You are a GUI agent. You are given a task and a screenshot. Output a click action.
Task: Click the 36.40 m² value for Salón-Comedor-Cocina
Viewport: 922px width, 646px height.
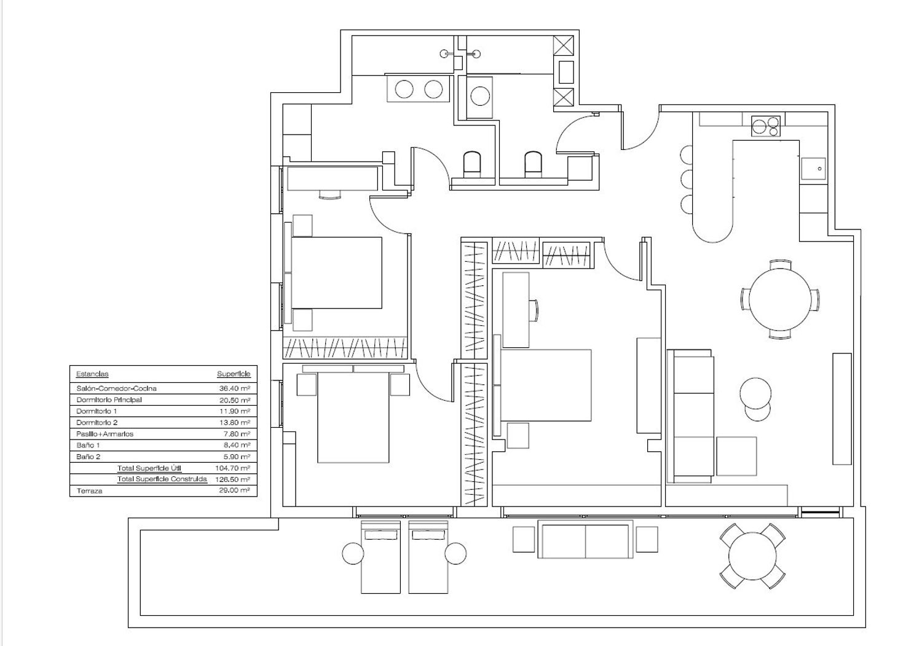[x=235, y=388]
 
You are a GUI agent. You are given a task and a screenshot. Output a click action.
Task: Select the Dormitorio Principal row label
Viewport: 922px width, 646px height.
[x=109, y=400]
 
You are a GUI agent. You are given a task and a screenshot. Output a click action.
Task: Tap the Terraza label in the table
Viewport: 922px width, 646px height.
[x=89, y=490]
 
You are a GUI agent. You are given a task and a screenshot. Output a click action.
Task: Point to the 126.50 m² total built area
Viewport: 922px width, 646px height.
[x=232, y=479]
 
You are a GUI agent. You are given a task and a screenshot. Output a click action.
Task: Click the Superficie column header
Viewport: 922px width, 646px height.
[x=234, y=374]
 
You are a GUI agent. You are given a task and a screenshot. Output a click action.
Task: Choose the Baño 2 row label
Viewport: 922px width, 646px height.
[x=88, y=457]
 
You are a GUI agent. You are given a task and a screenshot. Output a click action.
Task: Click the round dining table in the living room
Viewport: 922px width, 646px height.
[x=780, y=300]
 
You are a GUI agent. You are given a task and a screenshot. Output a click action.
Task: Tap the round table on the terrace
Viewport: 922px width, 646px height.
[x=752, y=557]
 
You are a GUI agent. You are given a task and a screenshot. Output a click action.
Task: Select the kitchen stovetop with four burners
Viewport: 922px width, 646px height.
[x=766, y=126]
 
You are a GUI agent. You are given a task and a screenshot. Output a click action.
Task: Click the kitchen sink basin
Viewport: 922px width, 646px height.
[x=813, y=168]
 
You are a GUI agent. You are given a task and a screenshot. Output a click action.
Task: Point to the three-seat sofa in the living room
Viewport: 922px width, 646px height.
[x=691, y=416]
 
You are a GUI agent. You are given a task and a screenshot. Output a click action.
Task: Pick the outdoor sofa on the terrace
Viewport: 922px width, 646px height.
[x=585, y=540]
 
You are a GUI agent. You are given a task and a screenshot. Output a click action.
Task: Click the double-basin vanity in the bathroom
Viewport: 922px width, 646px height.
[x=418, y=89]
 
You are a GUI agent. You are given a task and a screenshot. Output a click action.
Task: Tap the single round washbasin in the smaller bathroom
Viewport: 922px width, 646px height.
[x=480, y=97]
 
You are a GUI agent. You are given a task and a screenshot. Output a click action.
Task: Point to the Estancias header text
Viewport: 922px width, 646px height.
[x=92, y=374]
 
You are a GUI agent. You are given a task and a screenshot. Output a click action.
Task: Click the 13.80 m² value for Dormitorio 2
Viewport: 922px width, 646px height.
[x=235, y=422]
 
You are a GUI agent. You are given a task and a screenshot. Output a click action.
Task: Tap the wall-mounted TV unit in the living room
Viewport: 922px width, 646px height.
[x=841, y=409]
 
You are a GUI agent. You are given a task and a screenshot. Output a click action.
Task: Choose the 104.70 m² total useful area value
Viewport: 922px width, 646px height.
[x=232, y=468]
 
